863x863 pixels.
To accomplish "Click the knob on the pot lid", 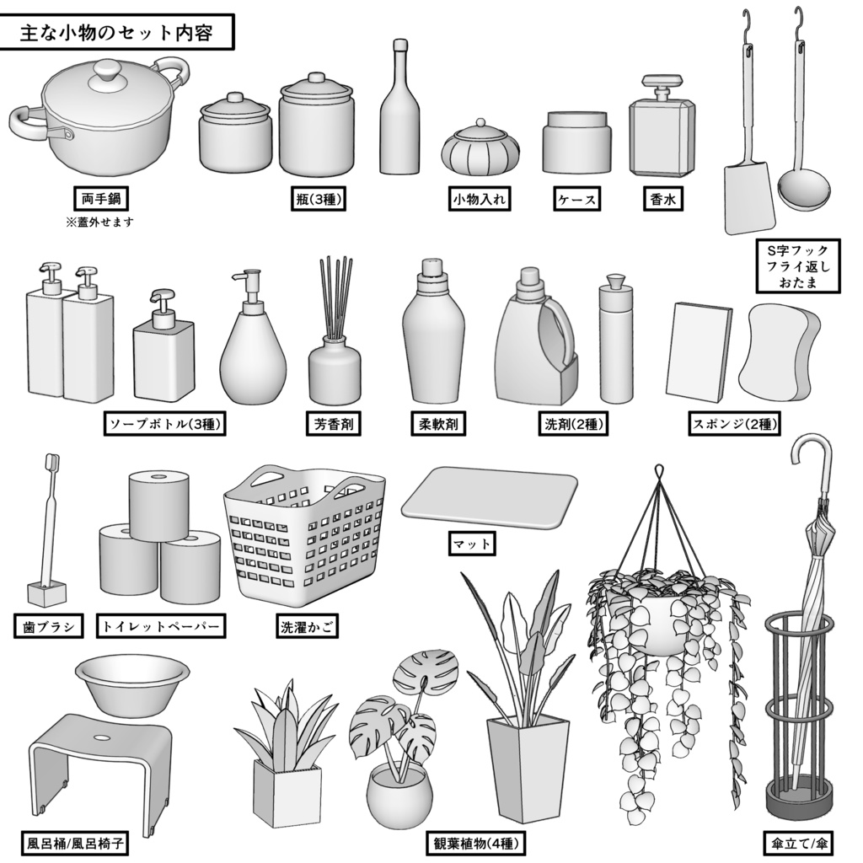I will [107, 70].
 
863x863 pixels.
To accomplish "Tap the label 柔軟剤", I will [438, 423].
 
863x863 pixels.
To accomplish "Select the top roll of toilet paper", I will [158, 504].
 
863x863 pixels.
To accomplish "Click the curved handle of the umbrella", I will [814, 456].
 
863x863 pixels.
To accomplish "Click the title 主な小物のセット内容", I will [116, 35].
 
